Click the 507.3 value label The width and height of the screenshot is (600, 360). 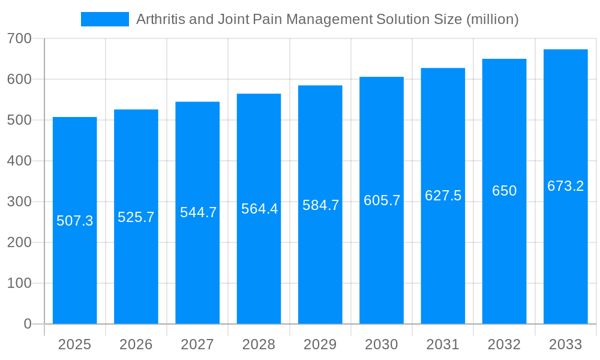click(75, 221)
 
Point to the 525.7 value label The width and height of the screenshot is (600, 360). click(136, 217)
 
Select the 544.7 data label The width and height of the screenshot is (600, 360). click(198, 212)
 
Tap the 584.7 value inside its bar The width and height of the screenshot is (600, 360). click(320, 205)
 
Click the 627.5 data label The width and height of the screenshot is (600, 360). click(443, 196)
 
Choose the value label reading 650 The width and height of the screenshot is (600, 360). click(504, 191)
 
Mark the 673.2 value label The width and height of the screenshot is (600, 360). click(565, 186)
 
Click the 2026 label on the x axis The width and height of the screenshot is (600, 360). click(136, 344)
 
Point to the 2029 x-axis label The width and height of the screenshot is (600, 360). click(320, 344)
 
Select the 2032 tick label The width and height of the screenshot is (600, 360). click(504, 344)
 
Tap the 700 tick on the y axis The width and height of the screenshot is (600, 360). click(19, 39)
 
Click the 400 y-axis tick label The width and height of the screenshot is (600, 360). click(19, 161)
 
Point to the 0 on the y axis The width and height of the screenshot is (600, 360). click(28, 324)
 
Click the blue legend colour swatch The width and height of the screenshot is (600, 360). click(105, 19)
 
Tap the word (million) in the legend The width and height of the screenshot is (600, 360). click(492, 19)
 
